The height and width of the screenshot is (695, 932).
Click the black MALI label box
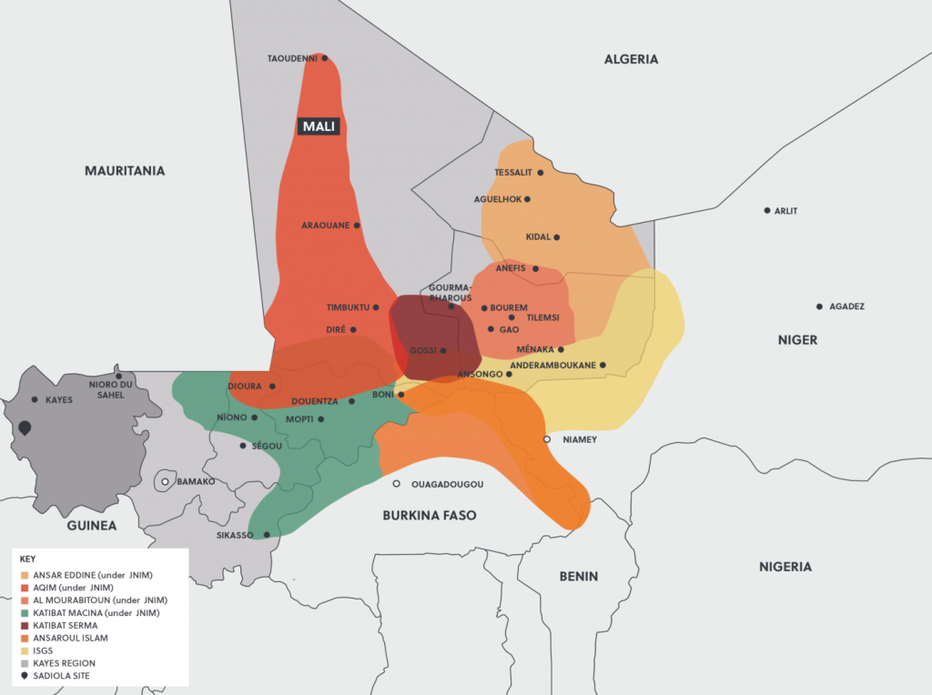click(x=319, y=126)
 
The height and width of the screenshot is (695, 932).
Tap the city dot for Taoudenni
click(x=325, y=58)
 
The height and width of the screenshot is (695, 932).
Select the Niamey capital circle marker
click(x=547, y=439)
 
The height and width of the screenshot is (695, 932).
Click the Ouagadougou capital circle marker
click(x=397, y=484)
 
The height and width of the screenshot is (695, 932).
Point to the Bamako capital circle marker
click(x=165, y=481)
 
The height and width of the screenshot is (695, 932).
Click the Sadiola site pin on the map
click(x=25, y=428)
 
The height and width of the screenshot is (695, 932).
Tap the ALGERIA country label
click(x=631, y=59)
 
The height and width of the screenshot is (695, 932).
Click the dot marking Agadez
click(x=819, y=307)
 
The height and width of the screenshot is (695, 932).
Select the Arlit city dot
click(x=766, y=210)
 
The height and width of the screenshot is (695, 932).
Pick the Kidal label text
click(x=538, y=237)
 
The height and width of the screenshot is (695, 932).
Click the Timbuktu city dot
click(x=376, y=307)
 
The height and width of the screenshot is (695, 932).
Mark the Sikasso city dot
click(x=267, y=535)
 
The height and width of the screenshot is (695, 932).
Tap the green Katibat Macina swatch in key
click(x=25, y=613)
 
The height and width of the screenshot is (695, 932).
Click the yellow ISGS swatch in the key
click(x=25, y=650)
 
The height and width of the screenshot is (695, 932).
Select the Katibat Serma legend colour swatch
click(x=25, y=626)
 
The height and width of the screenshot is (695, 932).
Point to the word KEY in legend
click(x=27, y=559)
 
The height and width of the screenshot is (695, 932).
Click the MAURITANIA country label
click(x=125, y=170)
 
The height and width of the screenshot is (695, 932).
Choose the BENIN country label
click(x=578, y=576)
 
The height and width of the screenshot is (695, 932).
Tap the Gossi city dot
click(x=443, y=350)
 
